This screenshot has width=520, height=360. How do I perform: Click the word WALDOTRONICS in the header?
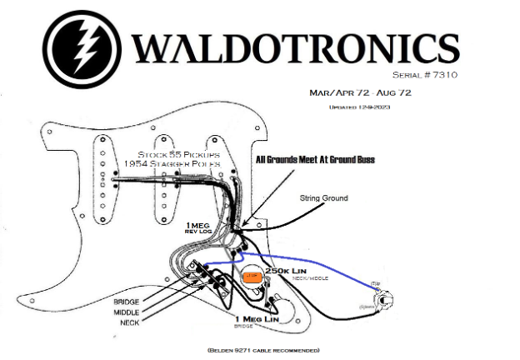coord(292,48)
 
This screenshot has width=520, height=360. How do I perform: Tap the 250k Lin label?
coord(287,272)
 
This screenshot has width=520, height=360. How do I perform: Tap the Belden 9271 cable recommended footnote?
coord(262,350)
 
